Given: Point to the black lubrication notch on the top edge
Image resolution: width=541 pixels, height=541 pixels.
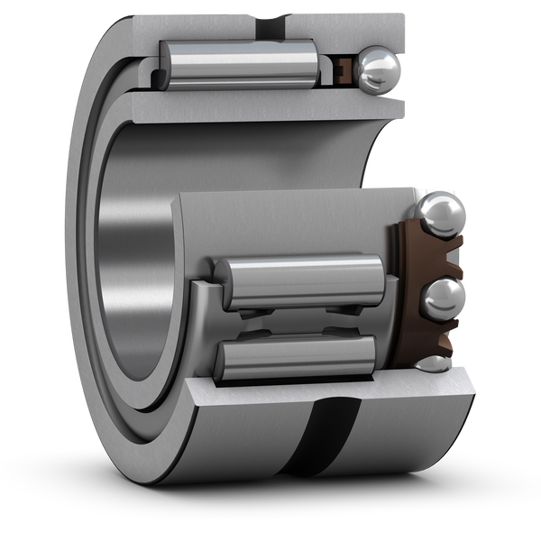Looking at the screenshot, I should coord(276,17).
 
